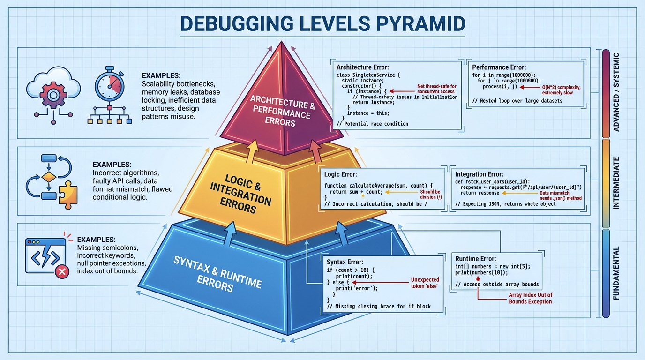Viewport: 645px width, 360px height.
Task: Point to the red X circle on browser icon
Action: click(61, 271)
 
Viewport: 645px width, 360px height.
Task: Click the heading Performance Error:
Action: click(499, 67)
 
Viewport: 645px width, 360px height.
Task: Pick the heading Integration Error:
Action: click(480, 174)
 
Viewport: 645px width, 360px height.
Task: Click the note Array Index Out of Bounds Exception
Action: click(530, 298)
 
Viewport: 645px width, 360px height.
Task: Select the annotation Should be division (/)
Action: click(430, 195)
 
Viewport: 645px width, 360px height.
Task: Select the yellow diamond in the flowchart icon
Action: click(49, 178)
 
